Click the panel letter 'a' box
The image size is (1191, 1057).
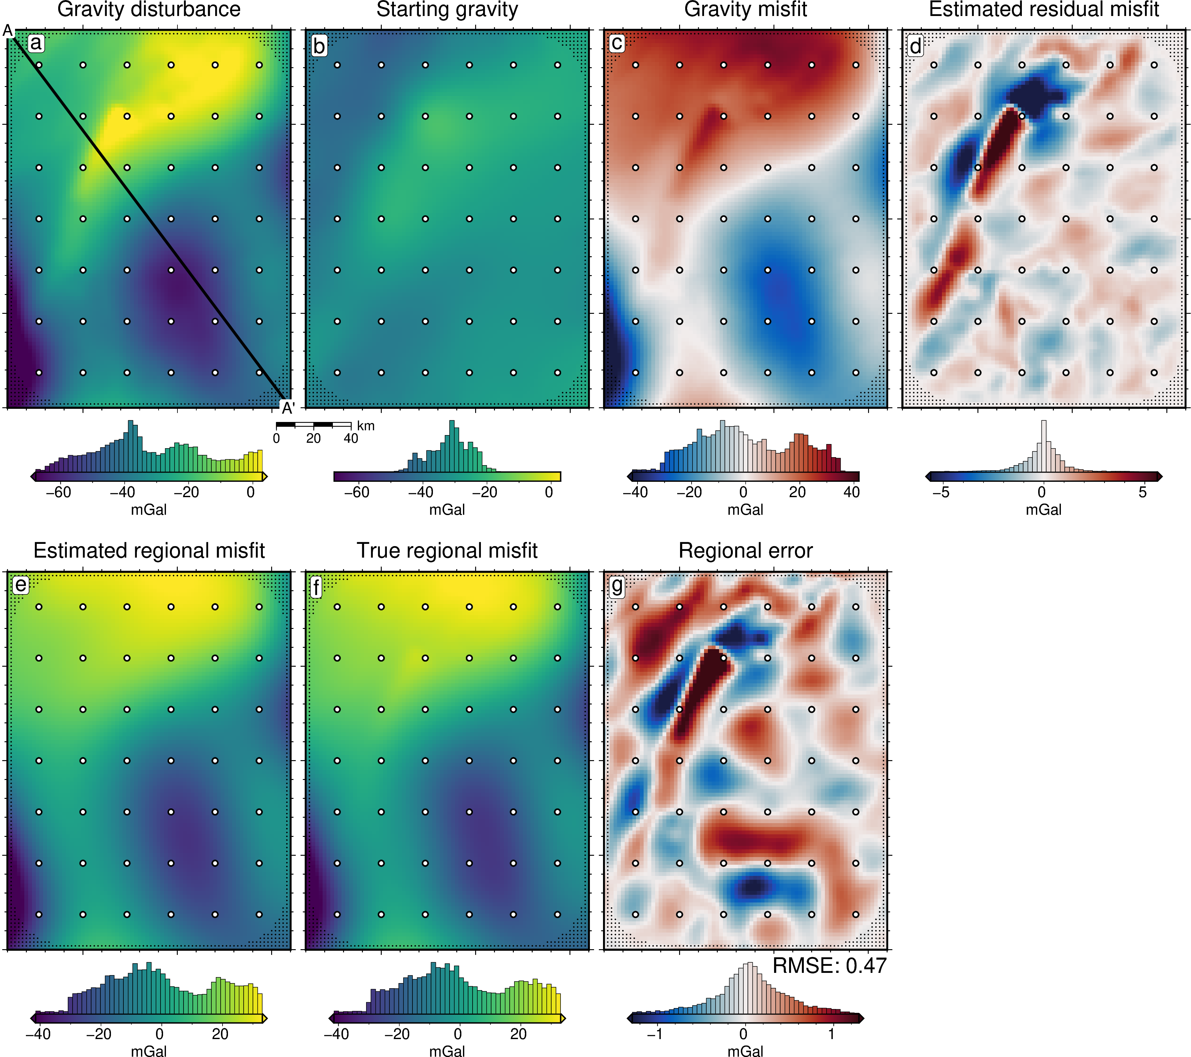(x=36, y=43)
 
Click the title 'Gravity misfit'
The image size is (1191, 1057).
(x=745, y=9)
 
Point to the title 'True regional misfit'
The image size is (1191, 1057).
(x=447, y=550)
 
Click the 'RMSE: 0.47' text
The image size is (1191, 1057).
(x=829, y=966)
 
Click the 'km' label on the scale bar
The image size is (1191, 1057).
(x=366, y=425)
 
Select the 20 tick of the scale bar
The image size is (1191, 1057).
(x=313, y=438)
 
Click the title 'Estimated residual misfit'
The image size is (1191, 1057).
(x=1044, y=9)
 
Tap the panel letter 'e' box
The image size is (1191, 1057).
(x=21, y=585)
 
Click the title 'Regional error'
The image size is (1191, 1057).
(x=745, y=550)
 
